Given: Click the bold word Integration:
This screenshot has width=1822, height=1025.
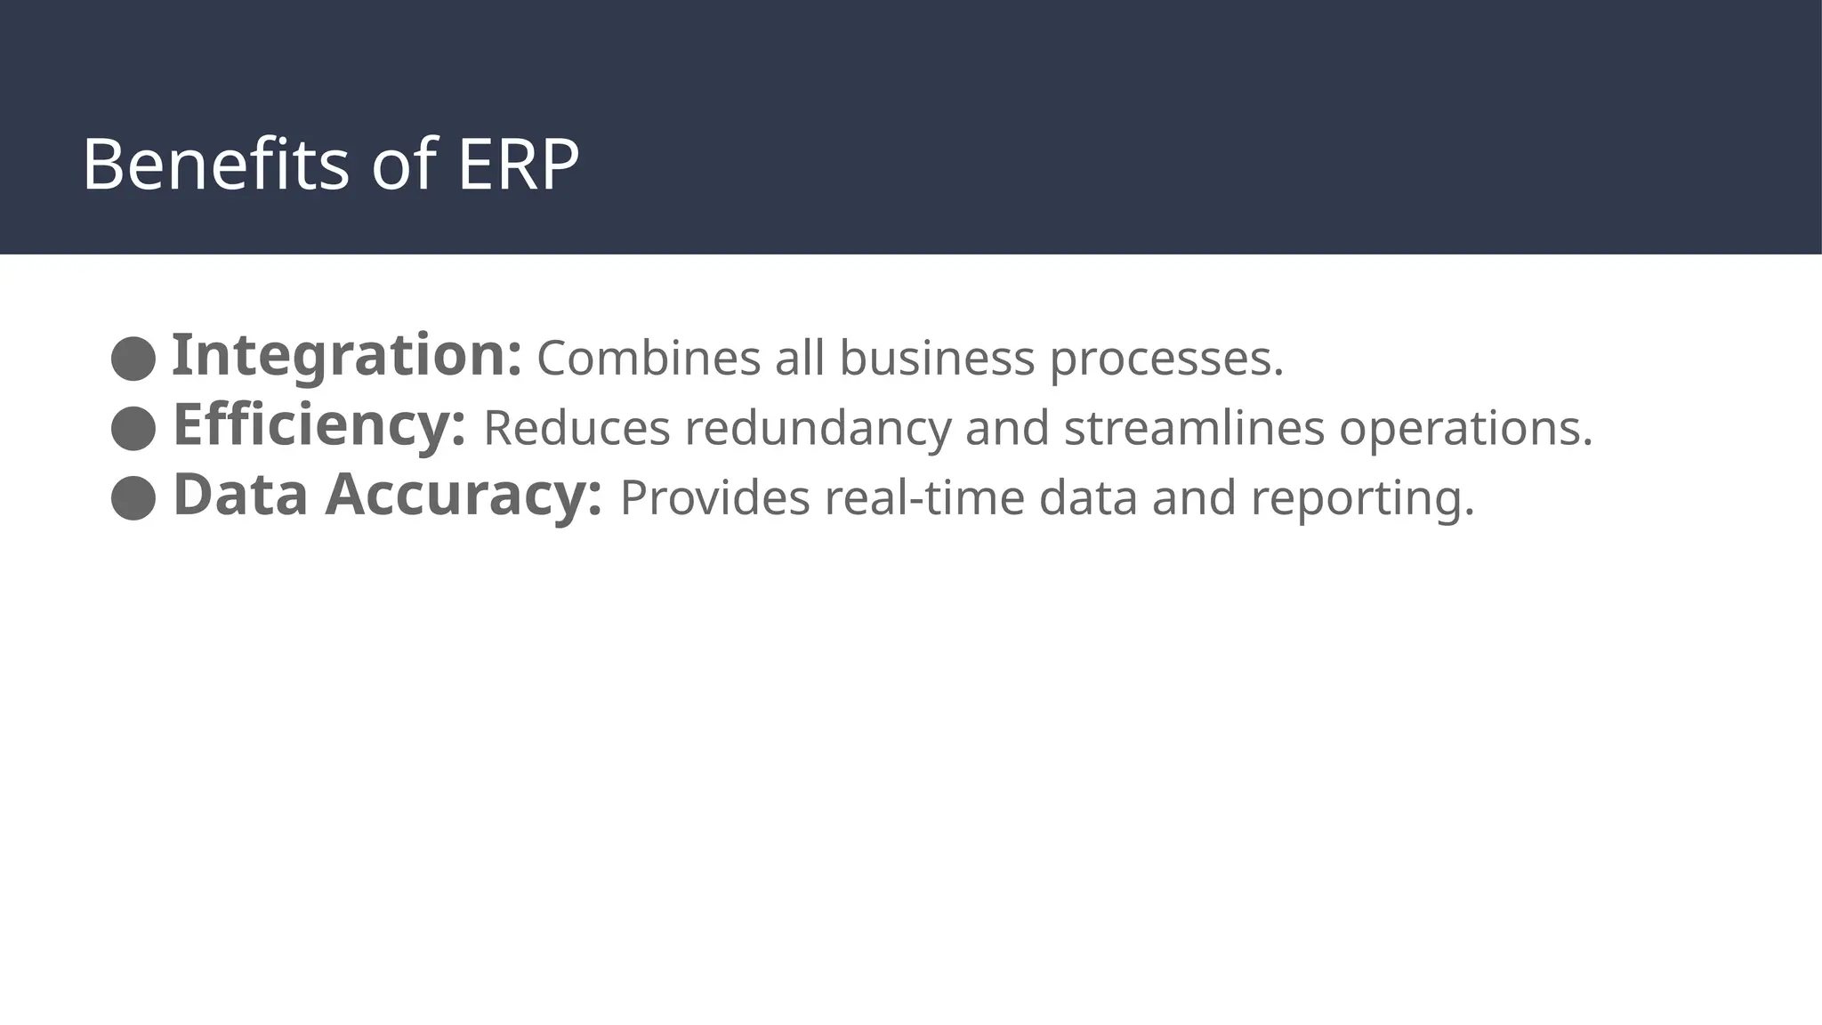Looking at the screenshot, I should tap(346, 356).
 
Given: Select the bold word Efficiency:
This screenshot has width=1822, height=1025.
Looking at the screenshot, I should tap(318, 425).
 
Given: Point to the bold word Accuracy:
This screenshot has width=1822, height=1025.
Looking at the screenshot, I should tap(464, 495).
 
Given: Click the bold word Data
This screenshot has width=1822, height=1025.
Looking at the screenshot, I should tap(240, 495).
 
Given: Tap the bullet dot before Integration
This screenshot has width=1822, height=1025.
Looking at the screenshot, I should tap(133, 359).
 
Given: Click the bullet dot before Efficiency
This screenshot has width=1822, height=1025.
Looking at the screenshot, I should tap(133, 428).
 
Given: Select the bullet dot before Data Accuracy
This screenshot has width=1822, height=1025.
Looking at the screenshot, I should tap(133, 497).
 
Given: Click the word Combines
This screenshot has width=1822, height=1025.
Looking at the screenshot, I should tap(649, 359).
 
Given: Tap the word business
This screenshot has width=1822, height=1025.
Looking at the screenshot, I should tap(937, 359).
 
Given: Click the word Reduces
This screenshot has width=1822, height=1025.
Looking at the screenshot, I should tap(576, 428).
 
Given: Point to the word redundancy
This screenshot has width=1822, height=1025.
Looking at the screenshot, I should tap(818, 430).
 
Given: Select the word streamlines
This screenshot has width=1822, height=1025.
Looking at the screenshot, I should tap(1194, 428).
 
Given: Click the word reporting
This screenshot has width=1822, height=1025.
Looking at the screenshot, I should tap(1362, 499).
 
